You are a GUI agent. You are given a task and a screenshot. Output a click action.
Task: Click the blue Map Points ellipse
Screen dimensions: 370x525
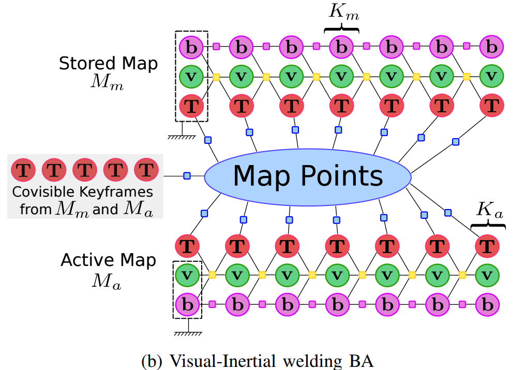coord(308,176)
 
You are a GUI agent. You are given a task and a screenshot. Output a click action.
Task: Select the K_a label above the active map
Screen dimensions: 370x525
coord(488,209)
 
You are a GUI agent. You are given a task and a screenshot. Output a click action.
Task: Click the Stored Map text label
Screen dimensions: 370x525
coord(108,64)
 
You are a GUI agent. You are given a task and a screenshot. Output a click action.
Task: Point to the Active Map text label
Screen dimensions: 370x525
coord(108,260)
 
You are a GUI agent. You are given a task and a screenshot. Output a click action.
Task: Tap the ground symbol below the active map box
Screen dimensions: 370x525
coord(188,332)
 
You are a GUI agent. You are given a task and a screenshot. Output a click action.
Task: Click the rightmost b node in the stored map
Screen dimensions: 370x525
coord(491,48)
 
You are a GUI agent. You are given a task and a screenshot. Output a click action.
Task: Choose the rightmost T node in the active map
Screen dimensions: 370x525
coord(487,245)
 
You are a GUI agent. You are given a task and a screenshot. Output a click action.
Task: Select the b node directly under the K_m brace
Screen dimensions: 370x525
coord(341,48)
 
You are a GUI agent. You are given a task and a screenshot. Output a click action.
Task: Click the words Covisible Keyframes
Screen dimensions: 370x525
coord(83,193)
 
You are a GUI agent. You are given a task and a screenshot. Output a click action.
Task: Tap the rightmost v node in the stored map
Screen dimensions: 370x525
coord(491,77)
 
